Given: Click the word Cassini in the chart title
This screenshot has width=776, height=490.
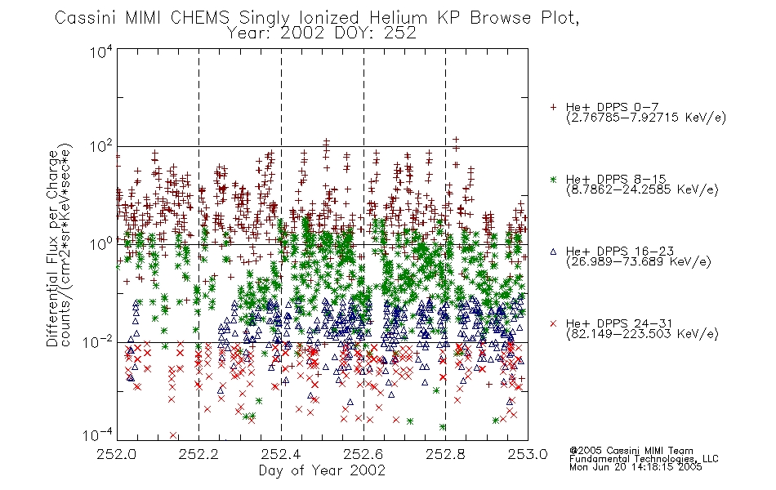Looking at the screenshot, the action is pos(86,18).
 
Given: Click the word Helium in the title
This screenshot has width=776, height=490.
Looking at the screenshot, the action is pos(398,18).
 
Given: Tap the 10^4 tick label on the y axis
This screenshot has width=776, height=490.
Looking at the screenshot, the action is pos(101,51).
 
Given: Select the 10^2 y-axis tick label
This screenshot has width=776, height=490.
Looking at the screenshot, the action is pos(101,148).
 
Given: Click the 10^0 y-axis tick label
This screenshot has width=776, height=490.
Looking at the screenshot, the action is pos(101,244).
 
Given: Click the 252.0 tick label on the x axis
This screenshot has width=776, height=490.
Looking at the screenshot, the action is pos(117,454).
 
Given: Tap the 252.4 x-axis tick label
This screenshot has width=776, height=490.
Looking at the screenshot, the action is pos(282,454).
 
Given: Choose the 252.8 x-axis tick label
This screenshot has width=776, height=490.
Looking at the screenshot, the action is pos(445,454).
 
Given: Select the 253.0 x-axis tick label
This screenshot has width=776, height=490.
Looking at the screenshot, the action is pos(528,454).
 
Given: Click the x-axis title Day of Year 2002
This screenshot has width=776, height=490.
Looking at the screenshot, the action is pos(322,470).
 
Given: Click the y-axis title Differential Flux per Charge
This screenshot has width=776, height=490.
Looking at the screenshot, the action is pos(52,248).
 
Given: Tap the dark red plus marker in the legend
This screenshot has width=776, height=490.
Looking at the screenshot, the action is pos(553,107).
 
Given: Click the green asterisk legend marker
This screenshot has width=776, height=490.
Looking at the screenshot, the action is pos(553,179).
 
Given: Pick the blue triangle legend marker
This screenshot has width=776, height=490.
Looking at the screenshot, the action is pos(553,252).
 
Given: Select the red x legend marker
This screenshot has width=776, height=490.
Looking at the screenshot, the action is pos(553,323).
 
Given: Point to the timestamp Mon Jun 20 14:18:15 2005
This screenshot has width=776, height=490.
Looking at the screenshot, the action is pos(636,467).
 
